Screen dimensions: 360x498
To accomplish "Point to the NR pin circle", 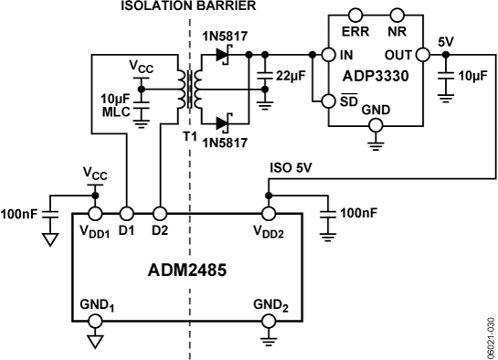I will click(x=396, y=17).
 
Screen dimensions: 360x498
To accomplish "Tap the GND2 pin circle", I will click(x=269, y=321).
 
